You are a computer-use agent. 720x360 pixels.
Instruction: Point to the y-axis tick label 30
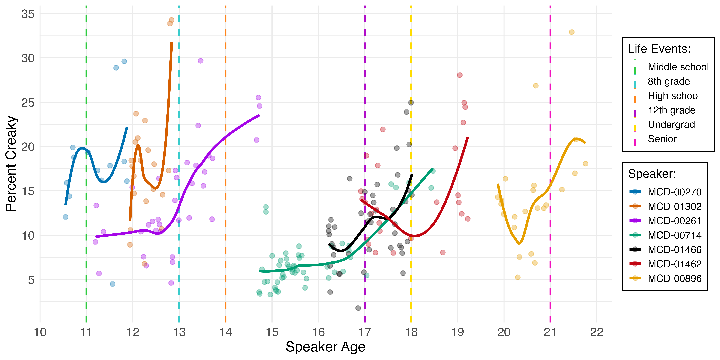pos(28,58)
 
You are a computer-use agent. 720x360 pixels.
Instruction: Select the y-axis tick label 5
pos(31,280)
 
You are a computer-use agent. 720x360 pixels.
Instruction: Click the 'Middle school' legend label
pos(678,67)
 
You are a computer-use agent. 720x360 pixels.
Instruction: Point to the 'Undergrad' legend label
pos(671,125)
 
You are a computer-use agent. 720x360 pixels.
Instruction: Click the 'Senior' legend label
pos(662,139)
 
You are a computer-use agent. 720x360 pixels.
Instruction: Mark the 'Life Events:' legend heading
pos(659,49)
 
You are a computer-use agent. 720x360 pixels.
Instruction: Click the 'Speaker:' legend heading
pos(652,174)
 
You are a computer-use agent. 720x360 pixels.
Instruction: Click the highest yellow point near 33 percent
pos(572,32)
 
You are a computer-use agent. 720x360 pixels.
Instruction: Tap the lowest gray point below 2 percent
pos(358,308)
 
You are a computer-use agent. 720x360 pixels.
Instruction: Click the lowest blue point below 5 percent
pos(112,284)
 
